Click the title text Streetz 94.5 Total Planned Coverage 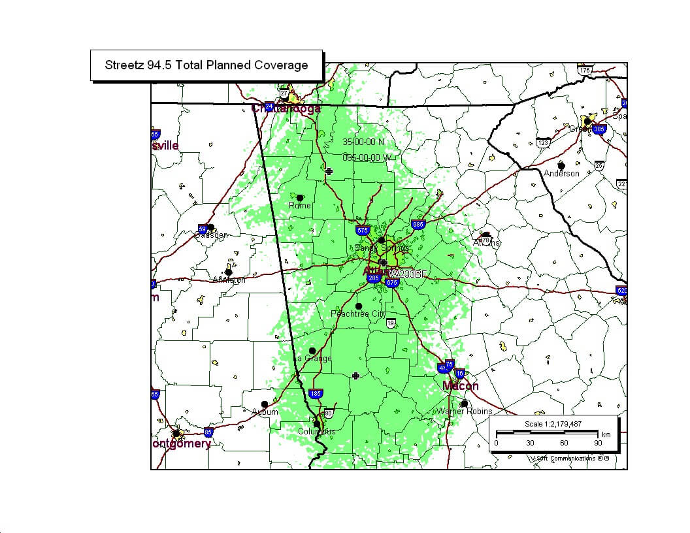tap(206, 65)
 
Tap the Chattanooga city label tap(286, 108)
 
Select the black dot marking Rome tap(300, 197)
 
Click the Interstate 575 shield tap(363, 231)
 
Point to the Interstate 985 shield tap(418, 225)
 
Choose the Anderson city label tap(561, 173)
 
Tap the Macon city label tap(460, 386)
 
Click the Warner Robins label tap(464, 412)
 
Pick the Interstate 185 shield tap(316, 394)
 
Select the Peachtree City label tap(359, 314)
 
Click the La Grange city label tap(313, 359)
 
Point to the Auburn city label tap(265, 412)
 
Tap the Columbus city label tap(316, 432)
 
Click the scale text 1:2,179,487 tap(553, 424)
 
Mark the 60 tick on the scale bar tap(564, 443)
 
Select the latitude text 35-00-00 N tap(363, 142)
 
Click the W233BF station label tap(408, 274)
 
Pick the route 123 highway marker tap(543, 142)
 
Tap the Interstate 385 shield tap(599, 129)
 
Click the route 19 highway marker tap(391, 323)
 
